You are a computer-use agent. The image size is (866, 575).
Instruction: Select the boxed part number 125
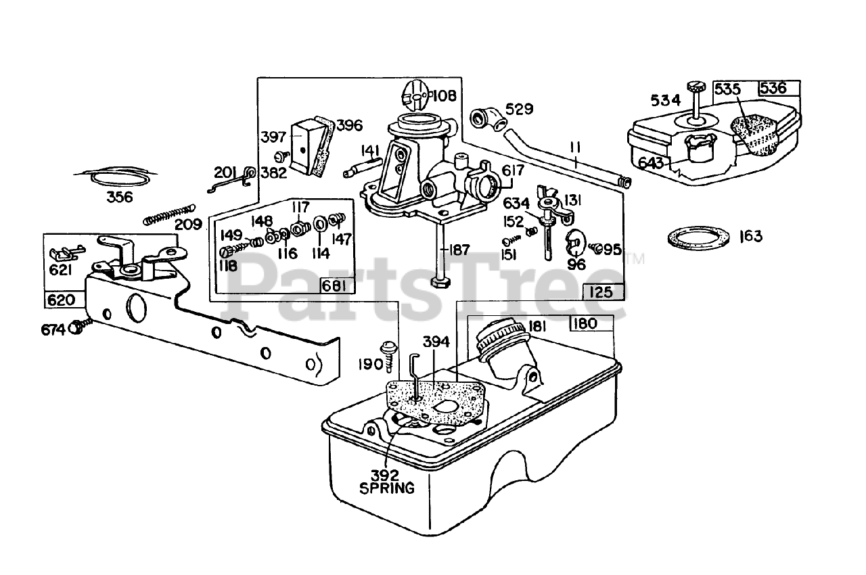598,292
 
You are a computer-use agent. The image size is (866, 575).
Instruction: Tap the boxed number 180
584,323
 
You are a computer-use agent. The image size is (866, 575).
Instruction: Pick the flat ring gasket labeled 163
700,237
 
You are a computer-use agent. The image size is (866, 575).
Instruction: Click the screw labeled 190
390,352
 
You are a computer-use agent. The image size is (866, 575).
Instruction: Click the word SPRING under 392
387,487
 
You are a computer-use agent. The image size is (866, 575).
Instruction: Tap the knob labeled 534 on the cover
696,88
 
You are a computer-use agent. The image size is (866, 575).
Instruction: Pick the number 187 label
458,250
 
